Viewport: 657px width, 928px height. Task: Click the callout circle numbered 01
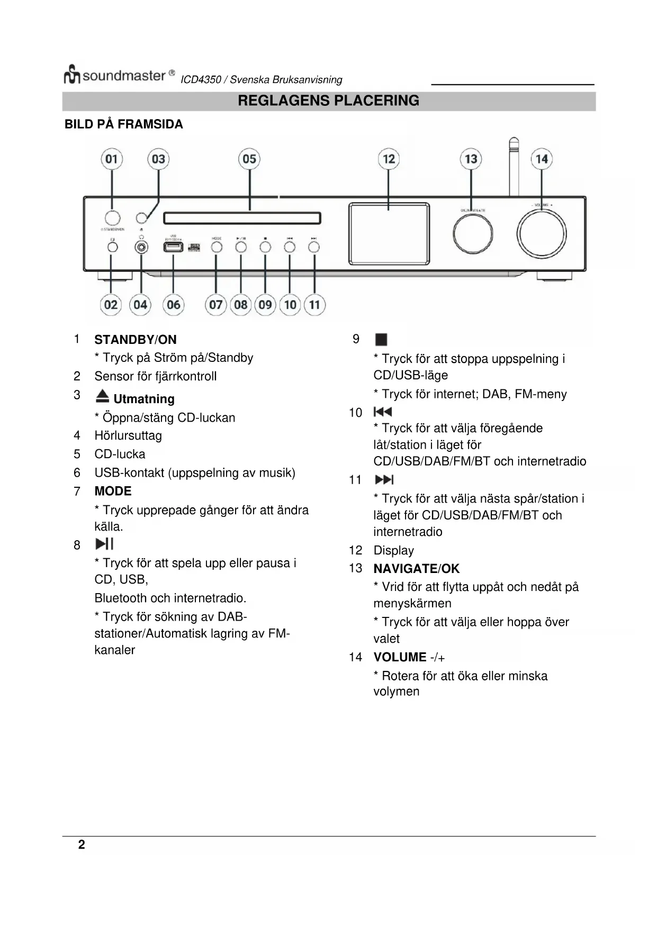click(112, 159)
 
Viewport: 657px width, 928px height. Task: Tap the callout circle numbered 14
click(541, 159)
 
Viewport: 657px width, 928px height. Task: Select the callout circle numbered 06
click(174, 305)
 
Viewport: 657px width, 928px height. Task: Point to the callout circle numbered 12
click(389, 159)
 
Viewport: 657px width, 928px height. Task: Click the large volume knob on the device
click(541, 234)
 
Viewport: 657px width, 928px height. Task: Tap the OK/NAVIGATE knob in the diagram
click(473, 234)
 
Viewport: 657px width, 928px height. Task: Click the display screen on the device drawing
click(389, 233)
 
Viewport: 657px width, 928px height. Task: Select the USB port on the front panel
click(173, 247)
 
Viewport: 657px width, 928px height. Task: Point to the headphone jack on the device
click(141, 247)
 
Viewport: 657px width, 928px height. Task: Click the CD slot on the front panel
click(242, 218)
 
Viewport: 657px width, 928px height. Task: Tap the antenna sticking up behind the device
click(513, 164)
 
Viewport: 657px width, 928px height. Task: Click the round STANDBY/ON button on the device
click(112, 217)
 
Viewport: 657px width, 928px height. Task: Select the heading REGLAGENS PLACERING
click(328, 101)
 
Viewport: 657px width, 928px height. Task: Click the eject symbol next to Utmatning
click(103, 396)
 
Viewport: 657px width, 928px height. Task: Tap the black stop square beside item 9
click(381, 339)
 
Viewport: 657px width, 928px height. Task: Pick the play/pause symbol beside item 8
click(104, 544)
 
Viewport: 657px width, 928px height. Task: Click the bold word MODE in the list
click(113, 491)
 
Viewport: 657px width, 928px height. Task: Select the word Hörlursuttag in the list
click(128, 435)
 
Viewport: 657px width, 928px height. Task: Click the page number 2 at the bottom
click(82, 844)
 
